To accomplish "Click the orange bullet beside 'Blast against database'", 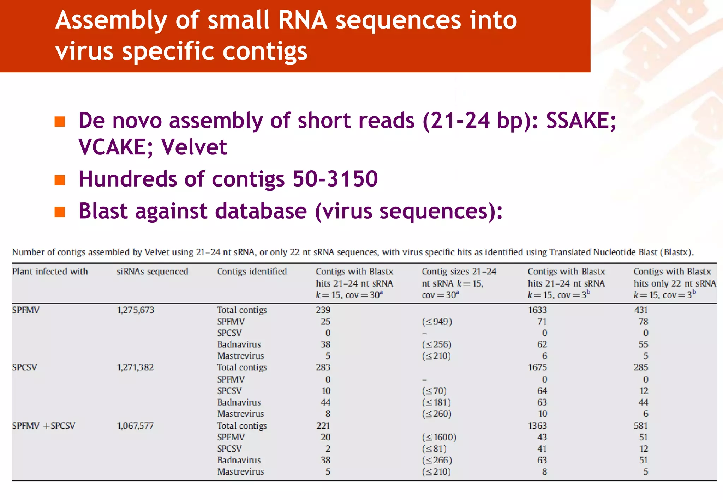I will (x=60, y=212).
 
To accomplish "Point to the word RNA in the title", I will (x=303, y=20).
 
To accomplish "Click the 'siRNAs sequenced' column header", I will (x=152, y=272).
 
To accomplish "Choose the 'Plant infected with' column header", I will (x=50, y=272).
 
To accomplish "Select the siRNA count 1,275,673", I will (x=136, y=310).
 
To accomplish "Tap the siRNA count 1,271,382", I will (x=135, y=367).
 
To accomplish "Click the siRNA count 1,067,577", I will (x=135, y=426).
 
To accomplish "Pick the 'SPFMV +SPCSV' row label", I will (x=43, y=426).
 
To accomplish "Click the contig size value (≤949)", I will (x=437, y=322).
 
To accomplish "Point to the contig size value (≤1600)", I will (x=439, y=437).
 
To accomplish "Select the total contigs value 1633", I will (x=537, y=310).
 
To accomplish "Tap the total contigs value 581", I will (x=641, y=426).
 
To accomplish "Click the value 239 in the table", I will (x=323, y=310).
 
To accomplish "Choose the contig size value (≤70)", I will (x=434, y=391).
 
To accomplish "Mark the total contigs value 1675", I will (x=537, y=367).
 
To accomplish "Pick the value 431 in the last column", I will (x=641, y=310).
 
